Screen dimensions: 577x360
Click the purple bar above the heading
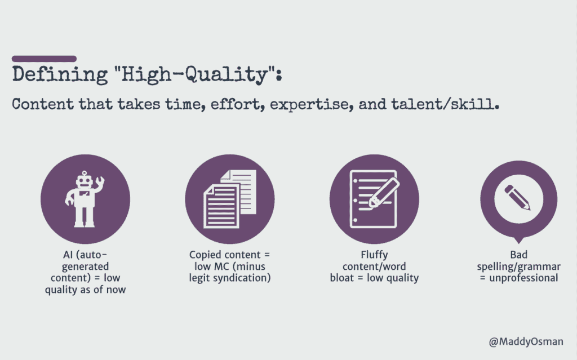click(x=44, y=59)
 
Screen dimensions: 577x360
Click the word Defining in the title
click(x=60, y=75)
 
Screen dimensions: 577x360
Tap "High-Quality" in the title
click(x=194, y=75)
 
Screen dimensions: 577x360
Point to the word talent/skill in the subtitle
click(x=445, y=104)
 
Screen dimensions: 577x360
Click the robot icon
click(x=85, y=199)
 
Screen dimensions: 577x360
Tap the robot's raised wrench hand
click(x=99, y=182)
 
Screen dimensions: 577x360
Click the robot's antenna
click(x=85, y=174)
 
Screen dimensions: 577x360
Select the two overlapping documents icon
click(x=230, y=199)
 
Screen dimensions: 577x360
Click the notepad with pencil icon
click(x=374, y=199)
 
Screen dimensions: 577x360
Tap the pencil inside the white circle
click(x=517, y=197)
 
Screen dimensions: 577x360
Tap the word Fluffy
click(x=374, y=255)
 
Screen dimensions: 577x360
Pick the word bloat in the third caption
click(x=342, y=278)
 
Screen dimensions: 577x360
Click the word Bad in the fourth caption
click(x=519, y=255)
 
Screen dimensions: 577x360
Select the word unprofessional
click(x=523, y=278)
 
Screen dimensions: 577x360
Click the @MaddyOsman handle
click(x=526, y=342)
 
